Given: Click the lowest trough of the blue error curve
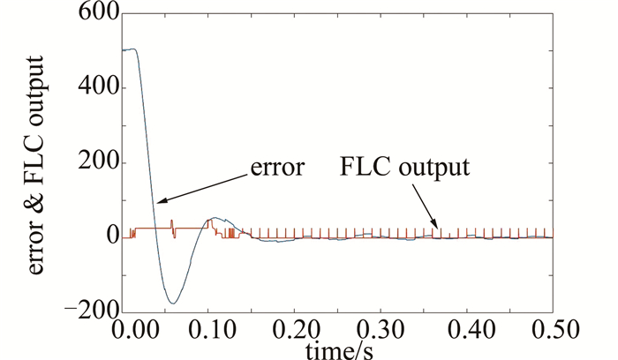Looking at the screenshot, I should point(172,304).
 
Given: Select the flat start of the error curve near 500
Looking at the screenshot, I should point(130,50).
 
